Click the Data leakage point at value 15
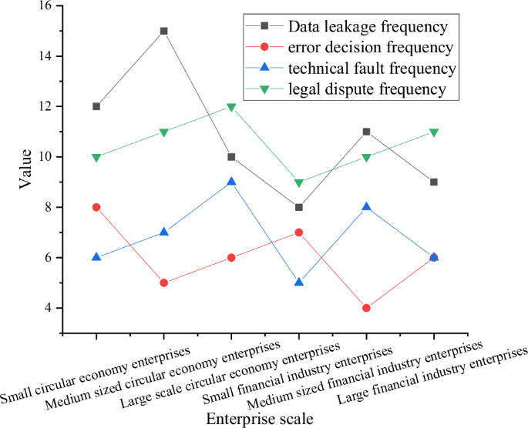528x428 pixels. (x=163, y=32)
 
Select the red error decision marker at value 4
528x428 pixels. (x=366, y=308)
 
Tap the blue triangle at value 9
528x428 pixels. (x=231, y=182)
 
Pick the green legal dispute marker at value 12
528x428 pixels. (x=231, y=107)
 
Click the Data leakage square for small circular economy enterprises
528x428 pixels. (x=96, y=106)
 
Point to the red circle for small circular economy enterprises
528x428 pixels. (x=96, y=207)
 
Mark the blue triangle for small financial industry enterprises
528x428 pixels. (x=299, y=283)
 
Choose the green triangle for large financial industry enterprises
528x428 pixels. (x=434, y=132)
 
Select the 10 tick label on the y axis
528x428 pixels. (x=44, y=157)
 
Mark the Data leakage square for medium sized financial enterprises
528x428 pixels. (x=366, y=132)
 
